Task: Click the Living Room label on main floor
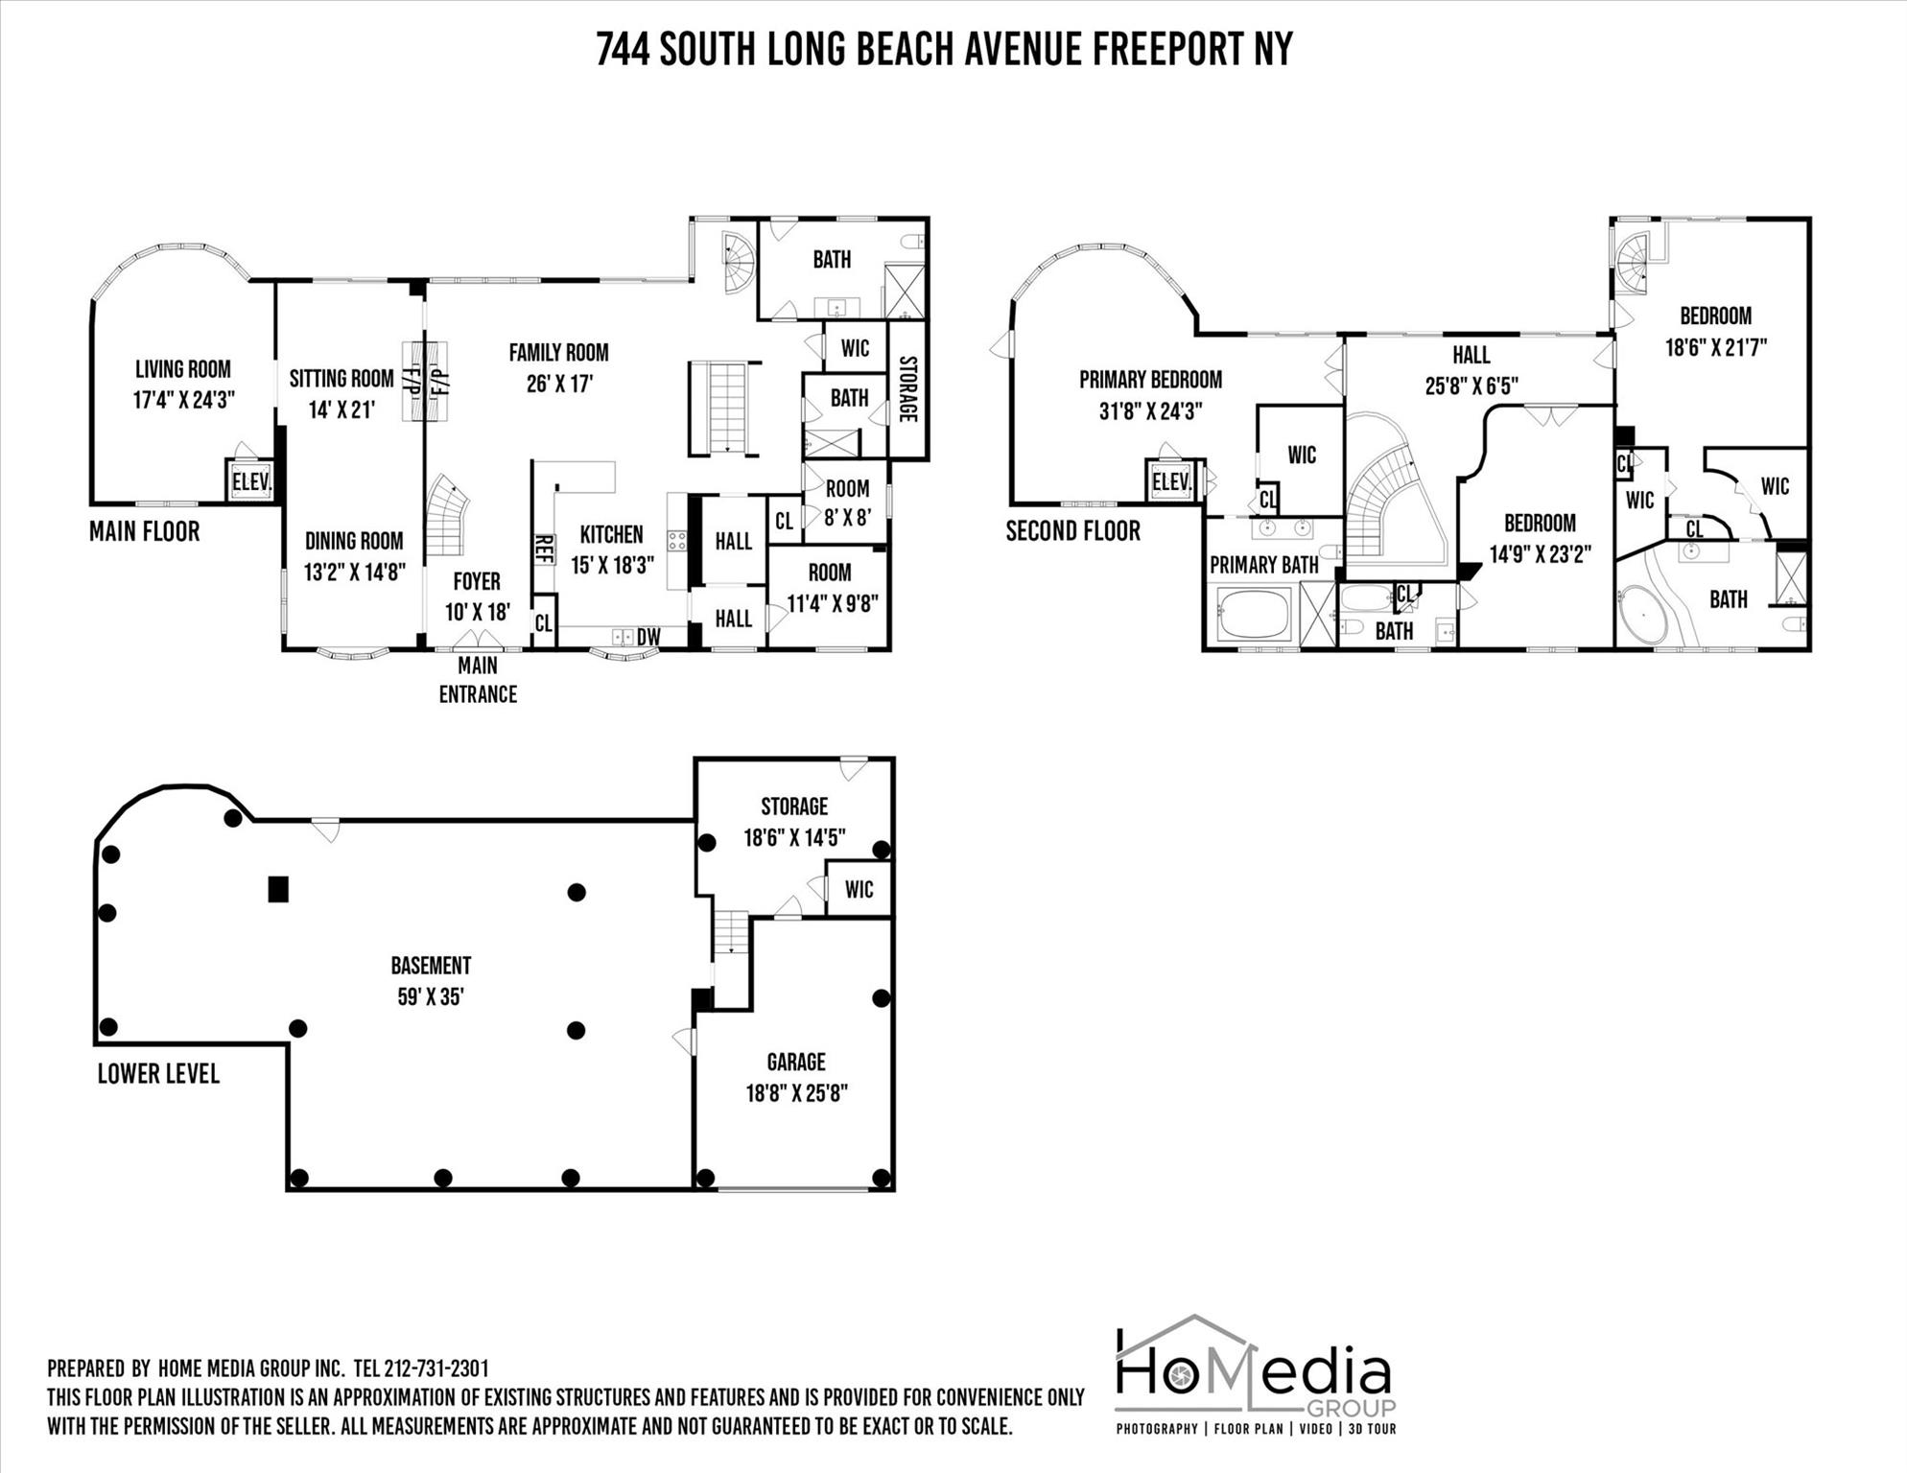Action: [182, 369]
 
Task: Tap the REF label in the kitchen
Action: [544, 550]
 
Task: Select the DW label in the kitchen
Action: [648, 637]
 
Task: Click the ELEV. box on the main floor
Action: [251, 481]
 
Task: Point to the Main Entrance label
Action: [478, 679]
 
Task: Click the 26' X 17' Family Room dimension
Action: [559, 385]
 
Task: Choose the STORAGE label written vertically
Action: [907, 388]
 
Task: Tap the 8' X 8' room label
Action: [847, 517]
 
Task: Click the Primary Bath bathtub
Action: [1255, 614]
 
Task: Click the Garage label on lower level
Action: [795, 1062]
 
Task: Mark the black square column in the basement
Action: [278, 889]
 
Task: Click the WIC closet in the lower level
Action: [859, 889]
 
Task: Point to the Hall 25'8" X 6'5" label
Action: [1471, 370]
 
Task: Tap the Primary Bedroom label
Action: [1150, 380]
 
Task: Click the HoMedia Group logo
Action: [1255, 1376]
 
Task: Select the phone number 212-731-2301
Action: [436, 1368]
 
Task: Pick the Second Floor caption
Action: [1072, 530]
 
